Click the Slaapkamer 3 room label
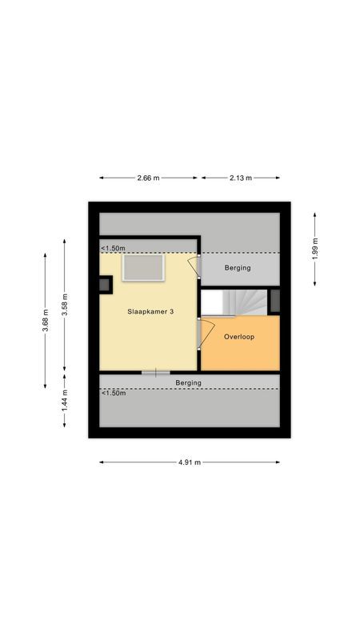tap(150, 312)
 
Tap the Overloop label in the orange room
tap(239, 337)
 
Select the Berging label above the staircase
tap(238, 268)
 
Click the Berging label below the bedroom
tap(189, 383)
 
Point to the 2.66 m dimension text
tap(149, 178)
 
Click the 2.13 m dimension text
tap(240, 178)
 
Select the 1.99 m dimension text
tap(315, 249)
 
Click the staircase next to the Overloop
tap(238, 302)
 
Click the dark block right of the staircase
tap(275, 301)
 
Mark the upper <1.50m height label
tap(113, 249)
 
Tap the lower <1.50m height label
tap(113, 393)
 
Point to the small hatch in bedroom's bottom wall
tap(155, 373)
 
